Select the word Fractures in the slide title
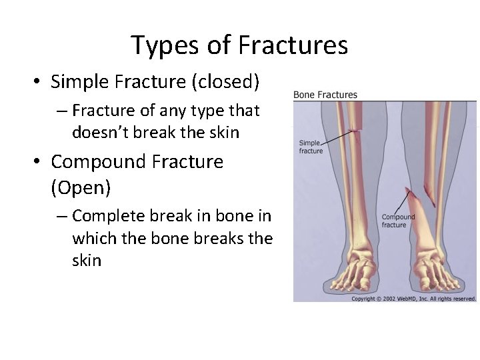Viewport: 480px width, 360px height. [x=292, y=45]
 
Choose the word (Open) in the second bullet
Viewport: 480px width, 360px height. [x=81, y=188]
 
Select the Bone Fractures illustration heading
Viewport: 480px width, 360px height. [x=325, y=95]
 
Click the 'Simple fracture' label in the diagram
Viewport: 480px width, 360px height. [x=311, y=147]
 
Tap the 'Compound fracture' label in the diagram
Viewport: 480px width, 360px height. [x=398, y=221]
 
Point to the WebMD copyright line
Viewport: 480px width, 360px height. [x=413, y=299]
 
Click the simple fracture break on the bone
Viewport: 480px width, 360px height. [x=355, y=131]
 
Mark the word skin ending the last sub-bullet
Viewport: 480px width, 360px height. [x=87, y=260]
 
